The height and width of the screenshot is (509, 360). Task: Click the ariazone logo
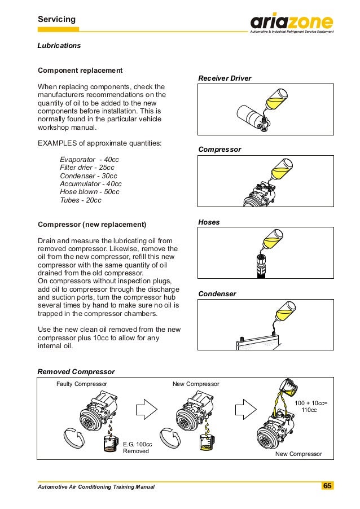click(x=292, y=23)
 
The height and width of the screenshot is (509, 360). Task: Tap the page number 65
click(x=328, y=486)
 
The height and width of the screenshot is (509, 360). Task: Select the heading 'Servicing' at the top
click(x=56, y=20)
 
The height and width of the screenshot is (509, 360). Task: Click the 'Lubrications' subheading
click(x=59, y=45)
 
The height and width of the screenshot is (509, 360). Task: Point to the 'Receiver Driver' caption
click(x=225, y=78)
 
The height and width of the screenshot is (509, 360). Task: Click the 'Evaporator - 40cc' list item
click(x=89, y=160)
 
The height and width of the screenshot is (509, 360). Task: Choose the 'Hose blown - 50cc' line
click(x=90, y=192)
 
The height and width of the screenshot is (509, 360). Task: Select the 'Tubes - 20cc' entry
click(x=81, y=200)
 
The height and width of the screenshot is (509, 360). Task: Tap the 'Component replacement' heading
click(x=80, y=71)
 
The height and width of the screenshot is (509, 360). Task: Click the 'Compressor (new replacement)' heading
click(x=91, y=225)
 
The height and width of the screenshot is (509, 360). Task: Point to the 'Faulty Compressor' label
click(x=82, y=384)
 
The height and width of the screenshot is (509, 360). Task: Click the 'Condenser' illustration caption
click(x=217, y=294)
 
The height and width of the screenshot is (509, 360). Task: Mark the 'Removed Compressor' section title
click(x=76, y=372)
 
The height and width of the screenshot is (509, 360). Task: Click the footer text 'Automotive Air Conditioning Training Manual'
click(x=95, y=486)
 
